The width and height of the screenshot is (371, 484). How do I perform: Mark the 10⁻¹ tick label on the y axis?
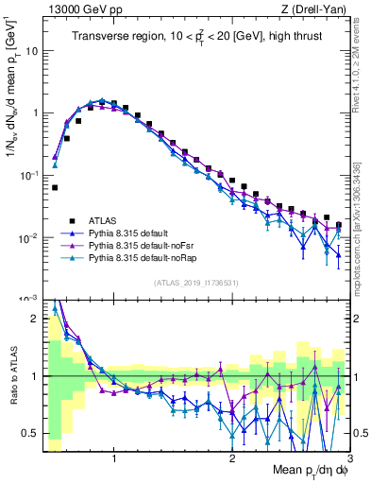coord(30,175)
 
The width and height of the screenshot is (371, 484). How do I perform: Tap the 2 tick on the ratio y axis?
coord(36,319)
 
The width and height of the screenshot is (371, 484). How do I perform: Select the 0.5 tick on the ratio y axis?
coord(32,433)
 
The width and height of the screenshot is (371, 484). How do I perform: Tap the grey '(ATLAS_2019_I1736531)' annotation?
coord(196,283)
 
